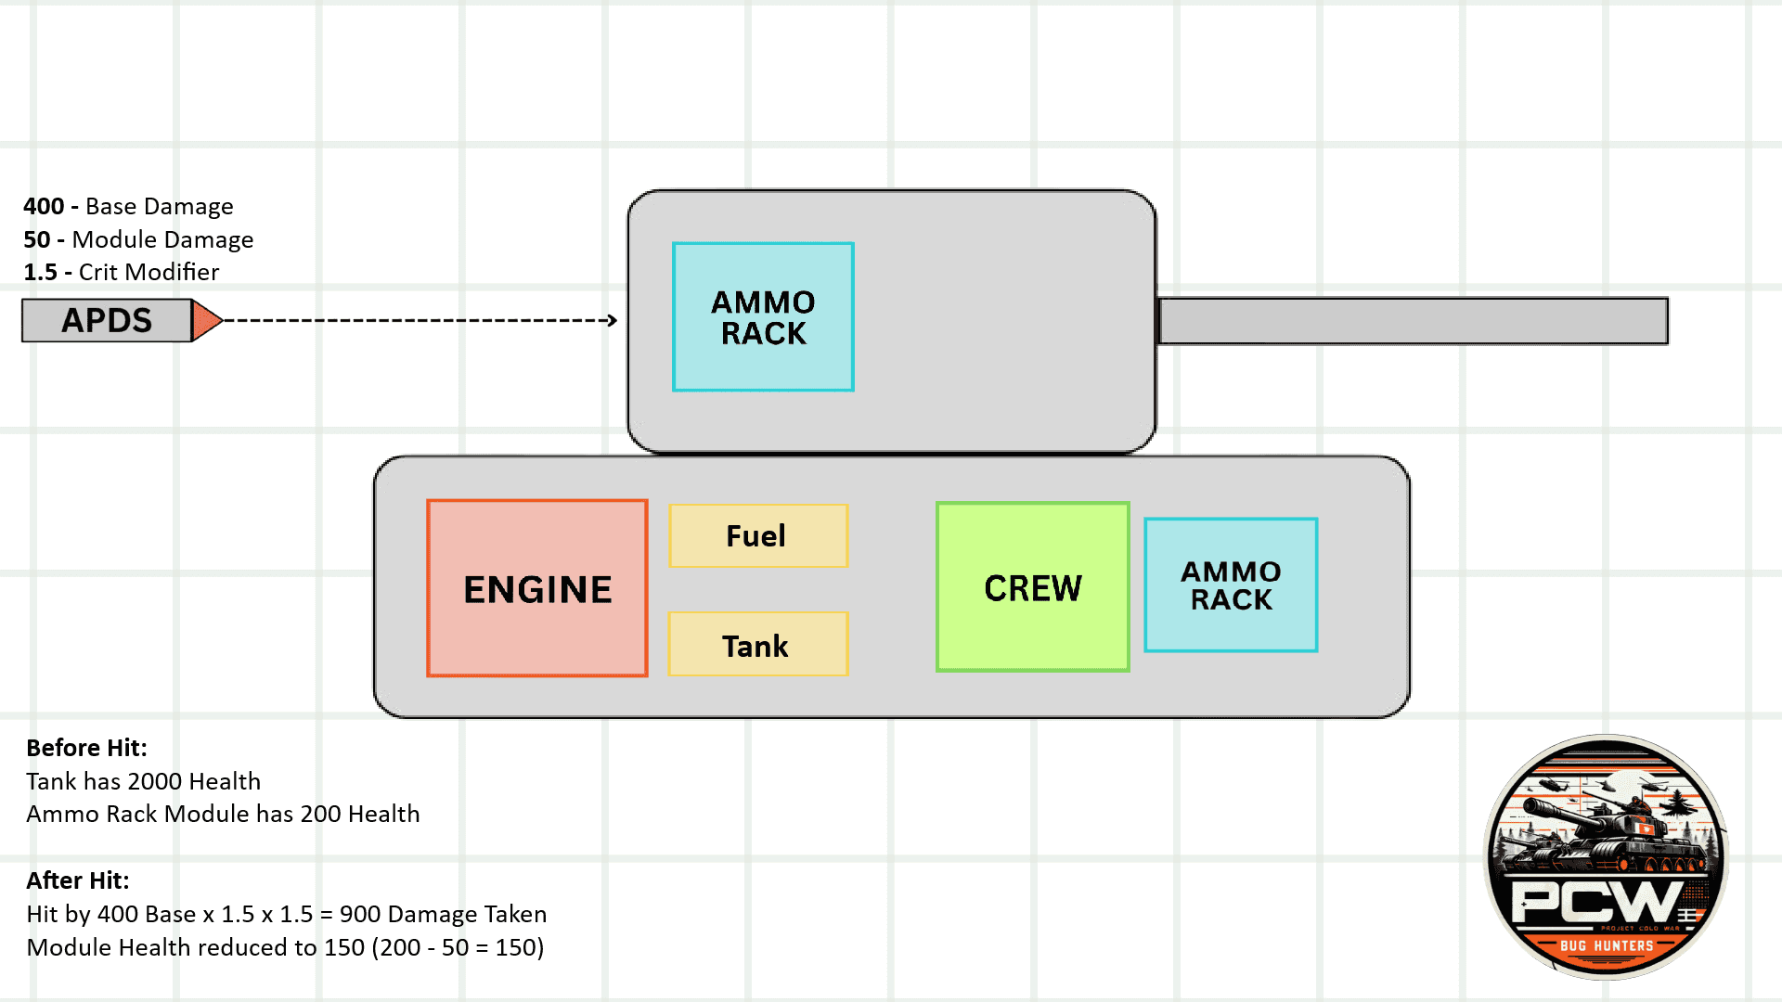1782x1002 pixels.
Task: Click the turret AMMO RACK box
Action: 763,317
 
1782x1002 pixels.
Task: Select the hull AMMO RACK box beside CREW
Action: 1231,585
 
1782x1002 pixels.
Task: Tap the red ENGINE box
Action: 537,589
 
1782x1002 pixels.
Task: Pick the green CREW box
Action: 1033,587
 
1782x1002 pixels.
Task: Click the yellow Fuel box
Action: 757,536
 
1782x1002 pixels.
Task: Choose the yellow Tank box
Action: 757,645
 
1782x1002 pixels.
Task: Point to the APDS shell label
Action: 107,321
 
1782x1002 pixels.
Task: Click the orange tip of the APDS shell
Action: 206,321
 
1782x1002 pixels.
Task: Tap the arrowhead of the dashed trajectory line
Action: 612,321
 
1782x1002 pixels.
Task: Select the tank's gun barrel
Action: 1413,321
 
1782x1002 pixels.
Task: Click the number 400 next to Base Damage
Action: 44,206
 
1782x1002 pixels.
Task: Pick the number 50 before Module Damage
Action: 37,239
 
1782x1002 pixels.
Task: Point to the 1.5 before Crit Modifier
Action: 40,272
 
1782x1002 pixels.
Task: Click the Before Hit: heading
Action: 86,748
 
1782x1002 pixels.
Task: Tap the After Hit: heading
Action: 78,880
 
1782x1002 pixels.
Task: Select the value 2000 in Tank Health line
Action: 155,781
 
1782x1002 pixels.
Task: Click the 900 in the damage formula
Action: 358,914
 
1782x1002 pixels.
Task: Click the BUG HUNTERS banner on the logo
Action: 1607,945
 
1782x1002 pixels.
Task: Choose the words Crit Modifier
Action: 148,272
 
